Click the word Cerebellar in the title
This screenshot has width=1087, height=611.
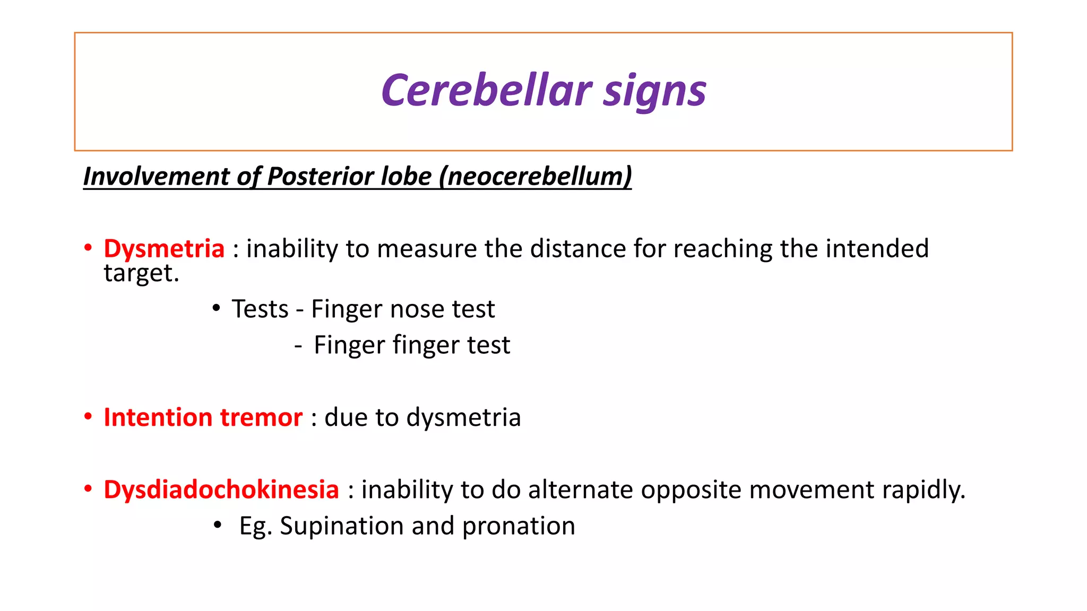[x=486, y=90]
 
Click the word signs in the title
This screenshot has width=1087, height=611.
[x=654, y=91]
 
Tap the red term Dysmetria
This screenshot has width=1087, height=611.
[x=164, y=249]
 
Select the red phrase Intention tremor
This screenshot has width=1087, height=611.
[x=203, y=417]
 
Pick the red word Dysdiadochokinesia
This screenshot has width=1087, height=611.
[x=221, y=490]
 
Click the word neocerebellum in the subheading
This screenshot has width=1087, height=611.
[x=536, y=176]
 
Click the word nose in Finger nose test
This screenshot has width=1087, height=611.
[x=413, y=309]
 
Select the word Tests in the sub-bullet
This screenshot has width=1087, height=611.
[x=260, y=309]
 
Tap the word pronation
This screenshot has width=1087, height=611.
[x=518, y=526]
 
